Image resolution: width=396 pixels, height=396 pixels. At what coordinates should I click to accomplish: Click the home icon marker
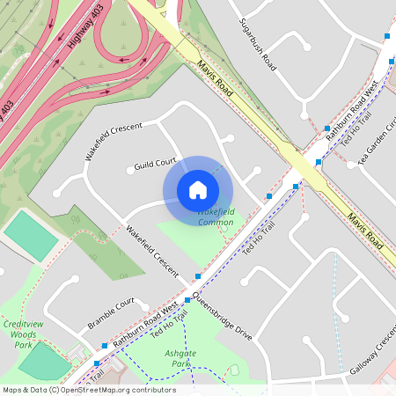pos(198,190)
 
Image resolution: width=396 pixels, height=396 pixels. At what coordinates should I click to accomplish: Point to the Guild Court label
pos(157,164)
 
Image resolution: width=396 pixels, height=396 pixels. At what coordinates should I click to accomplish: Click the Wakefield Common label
pos(216,217)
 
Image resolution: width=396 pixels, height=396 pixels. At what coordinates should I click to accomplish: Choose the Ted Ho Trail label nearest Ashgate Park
pos(170,326)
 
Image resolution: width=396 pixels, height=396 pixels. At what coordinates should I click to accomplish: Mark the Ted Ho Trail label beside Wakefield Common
pos(260,239)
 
